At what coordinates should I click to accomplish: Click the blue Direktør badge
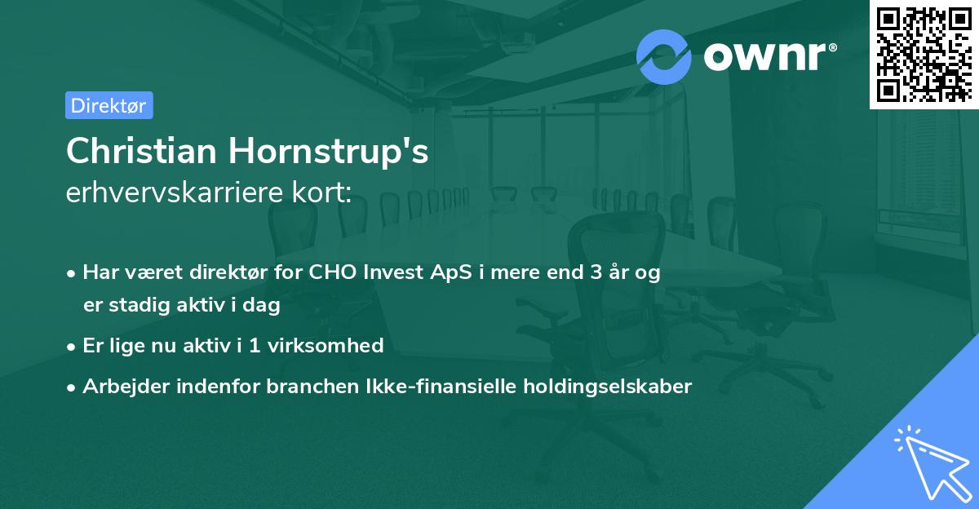coord(109,105)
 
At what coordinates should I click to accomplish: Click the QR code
coord(924,55)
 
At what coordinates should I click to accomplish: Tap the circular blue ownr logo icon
coord(664,56)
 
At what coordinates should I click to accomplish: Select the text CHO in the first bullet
coord(327,273)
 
